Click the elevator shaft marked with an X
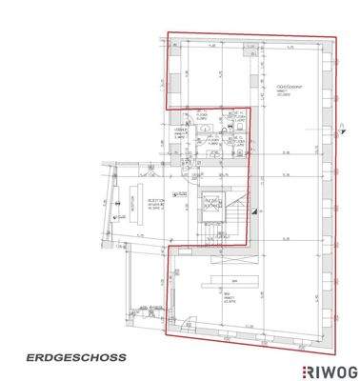[x=211, y=201]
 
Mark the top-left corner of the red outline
[x=168, y=34]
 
